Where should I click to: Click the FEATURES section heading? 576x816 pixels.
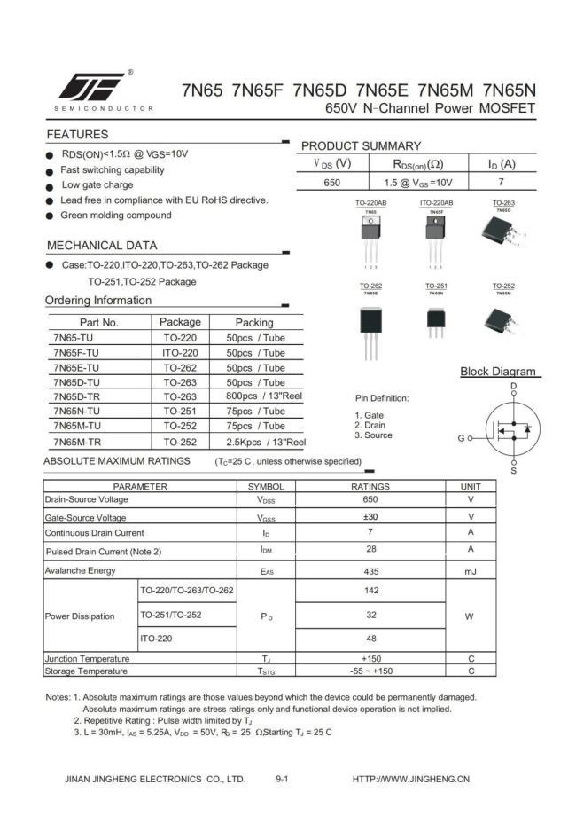[77, 135]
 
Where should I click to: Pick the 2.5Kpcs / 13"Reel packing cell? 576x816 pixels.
[265, 442]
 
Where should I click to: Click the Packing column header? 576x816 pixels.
[254, 322]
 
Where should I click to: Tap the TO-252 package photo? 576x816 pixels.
[502, 318]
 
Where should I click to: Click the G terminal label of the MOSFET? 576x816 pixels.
[461, 438]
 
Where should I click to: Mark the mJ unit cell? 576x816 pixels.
[471, 570]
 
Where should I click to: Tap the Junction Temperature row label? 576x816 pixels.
[88, 658]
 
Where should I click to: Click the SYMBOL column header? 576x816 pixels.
[266, 487]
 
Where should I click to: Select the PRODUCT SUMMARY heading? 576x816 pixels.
[361, 145]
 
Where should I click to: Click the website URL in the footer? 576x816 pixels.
[410, 779]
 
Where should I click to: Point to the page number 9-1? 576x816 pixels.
[283, 779]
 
